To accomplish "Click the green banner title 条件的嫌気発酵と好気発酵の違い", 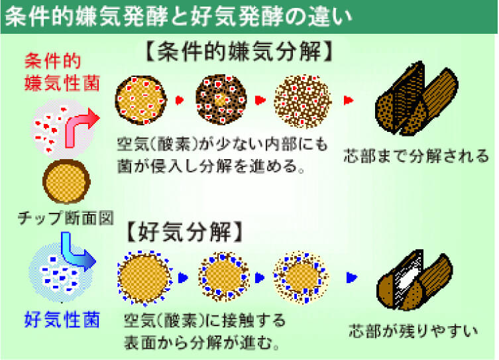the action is coord(179,17).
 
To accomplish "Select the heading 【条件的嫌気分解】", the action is coord(239,51).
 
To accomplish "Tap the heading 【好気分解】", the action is coord(185,231).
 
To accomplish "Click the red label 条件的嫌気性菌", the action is coord(62,72).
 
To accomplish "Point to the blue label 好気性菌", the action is coord(62,320).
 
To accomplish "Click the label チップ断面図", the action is coord(66,218).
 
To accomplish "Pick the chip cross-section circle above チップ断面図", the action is coord(66,181).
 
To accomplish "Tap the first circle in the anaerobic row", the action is coord(140,99).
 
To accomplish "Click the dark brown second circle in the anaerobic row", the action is coord(221,99).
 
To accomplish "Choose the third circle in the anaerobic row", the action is coord(303,101).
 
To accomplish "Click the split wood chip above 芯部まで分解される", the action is coord(417,99).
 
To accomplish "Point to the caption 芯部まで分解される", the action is coord(416,156).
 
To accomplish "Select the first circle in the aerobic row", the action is coord(144,278).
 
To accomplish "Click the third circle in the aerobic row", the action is coord(300,277).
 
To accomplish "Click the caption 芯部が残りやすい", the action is coord(413,331).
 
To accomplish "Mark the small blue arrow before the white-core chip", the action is coord(352,277).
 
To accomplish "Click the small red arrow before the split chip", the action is coord(349,100).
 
